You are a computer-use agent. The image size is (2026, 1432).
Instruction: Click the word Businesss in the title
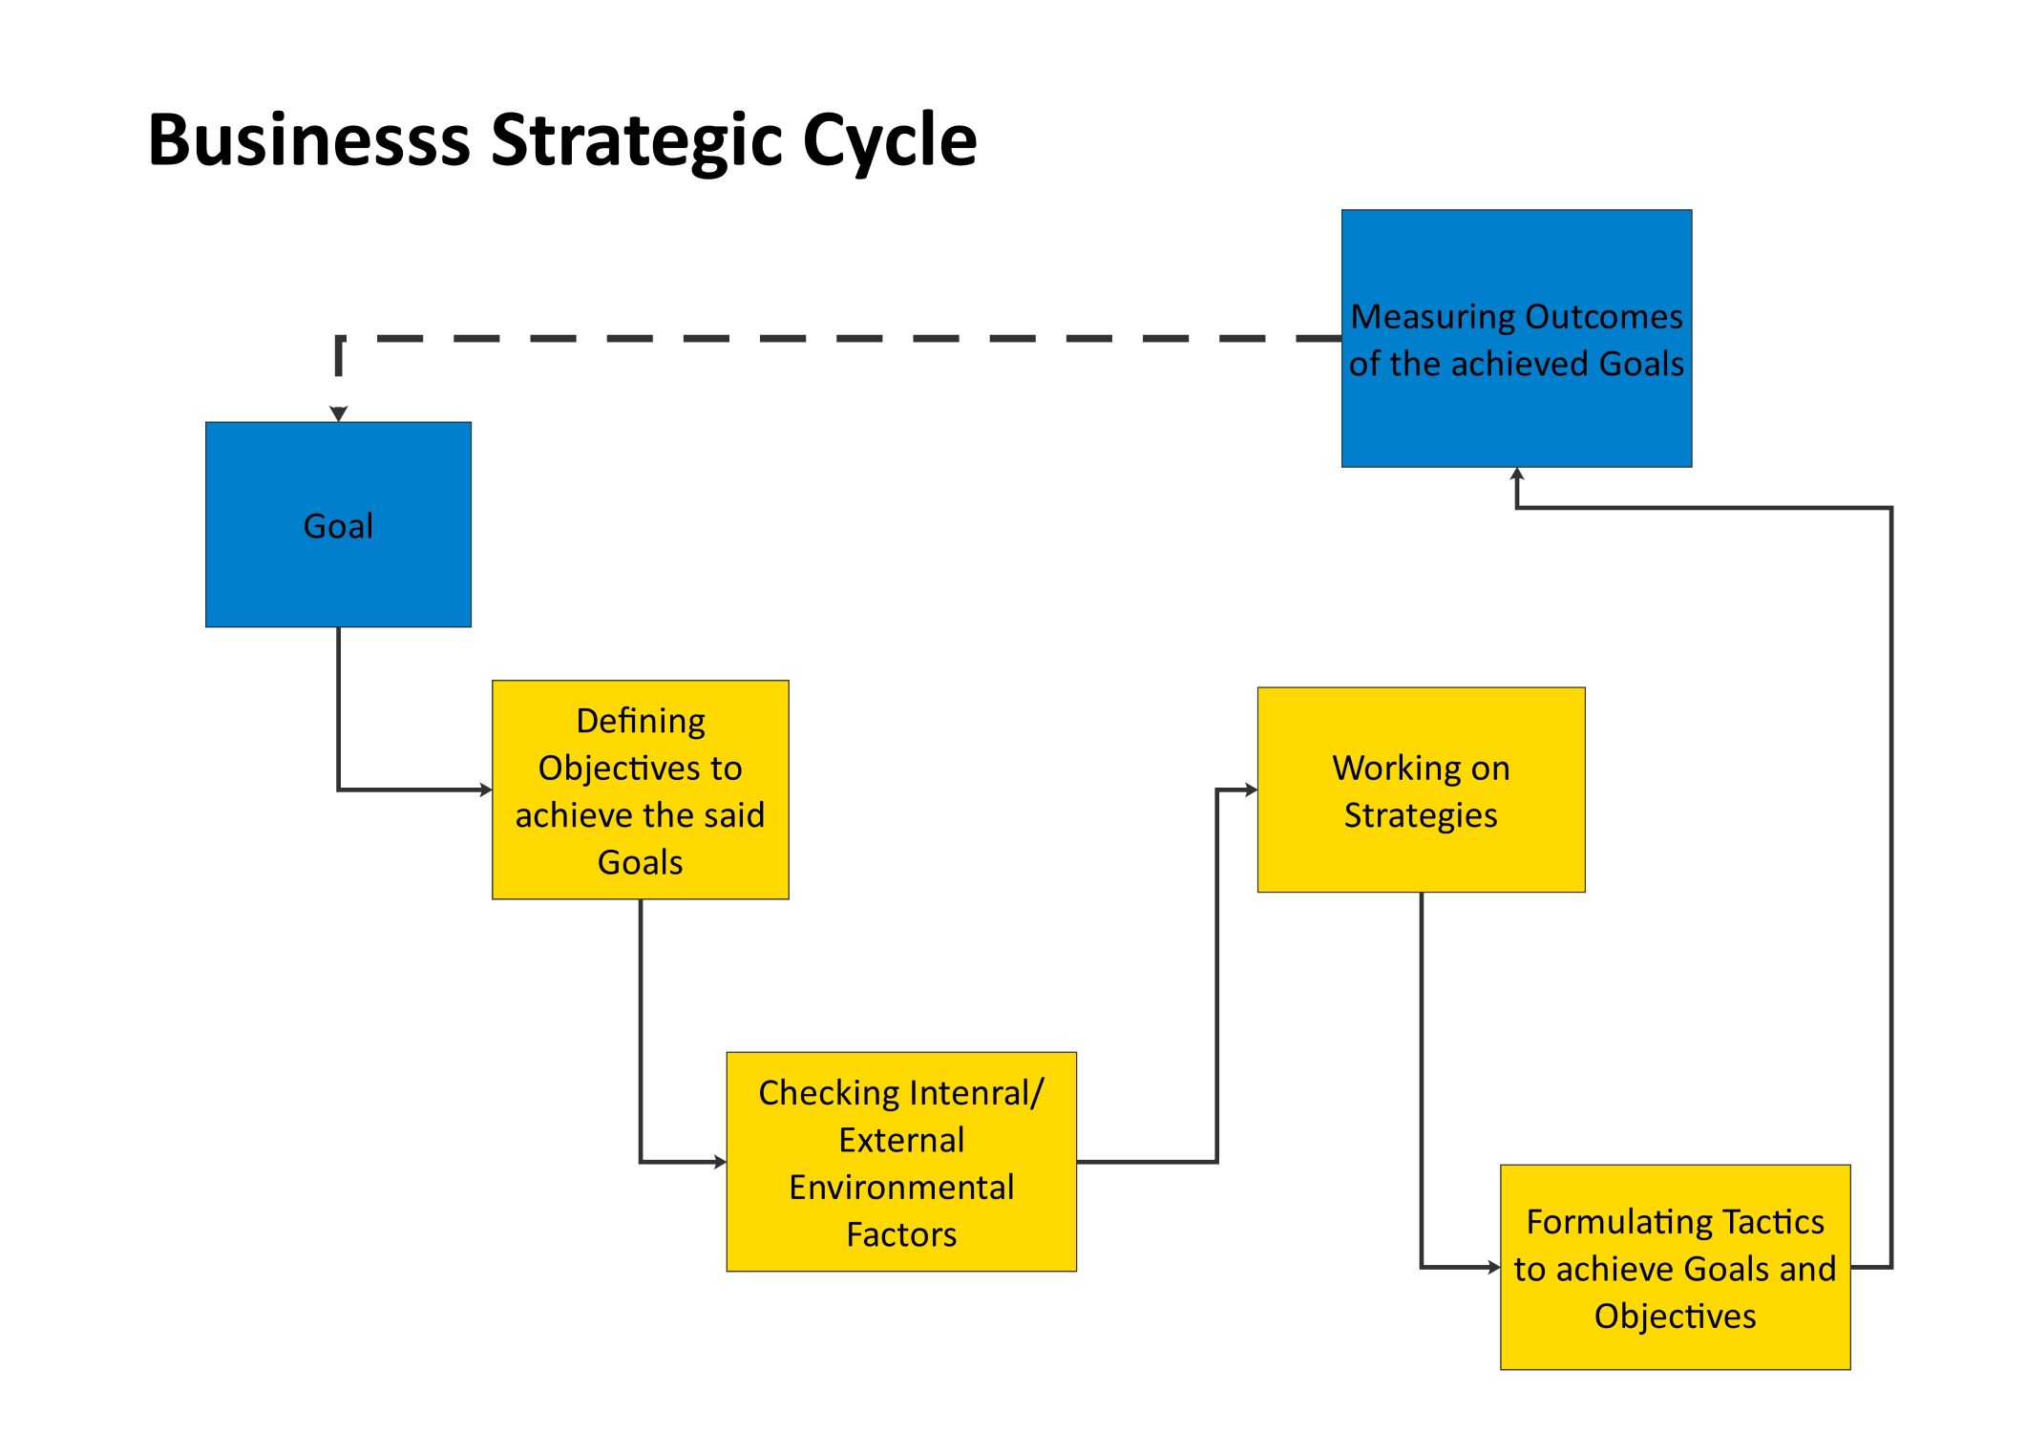pyautogui.click(x=309, y=140)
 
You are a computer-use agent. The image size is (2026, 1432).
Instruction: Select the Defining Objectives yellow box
pyautogui.click(x=640, y=790)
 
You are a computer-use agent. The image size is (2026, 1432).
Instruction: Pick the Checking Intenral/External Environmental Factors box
pyautogui.click(x=900, y=1161)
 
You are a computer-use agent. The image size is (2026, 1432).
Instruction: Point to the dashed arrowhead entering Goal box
pyautogui.click(x=338, y=413)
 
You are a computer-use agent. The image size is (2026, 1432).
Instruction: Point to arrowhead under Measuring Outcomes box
pyautogui.click(x=1517, y=474)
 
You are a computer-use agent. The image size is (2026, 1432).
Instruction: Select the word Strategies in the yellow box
pyautogui.click(x=1421, y=815)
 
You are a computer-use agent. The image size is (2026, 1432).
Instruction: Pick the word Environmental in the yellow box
pyautogui.click(x=900, y=1187)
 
